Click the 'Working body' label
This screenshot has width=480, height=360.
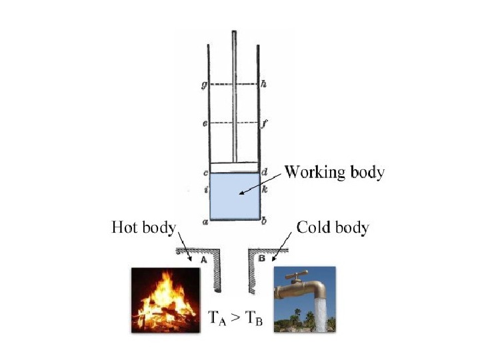pos(334,173)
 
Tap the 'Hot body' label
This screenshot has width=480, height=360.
pos(142,228)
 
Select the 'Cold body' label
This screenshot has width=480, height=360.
pos(333,228)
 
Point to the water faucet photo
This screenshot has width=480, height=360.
pos(305,299)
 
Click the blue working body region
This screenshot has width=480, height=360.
pos(234,197)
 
